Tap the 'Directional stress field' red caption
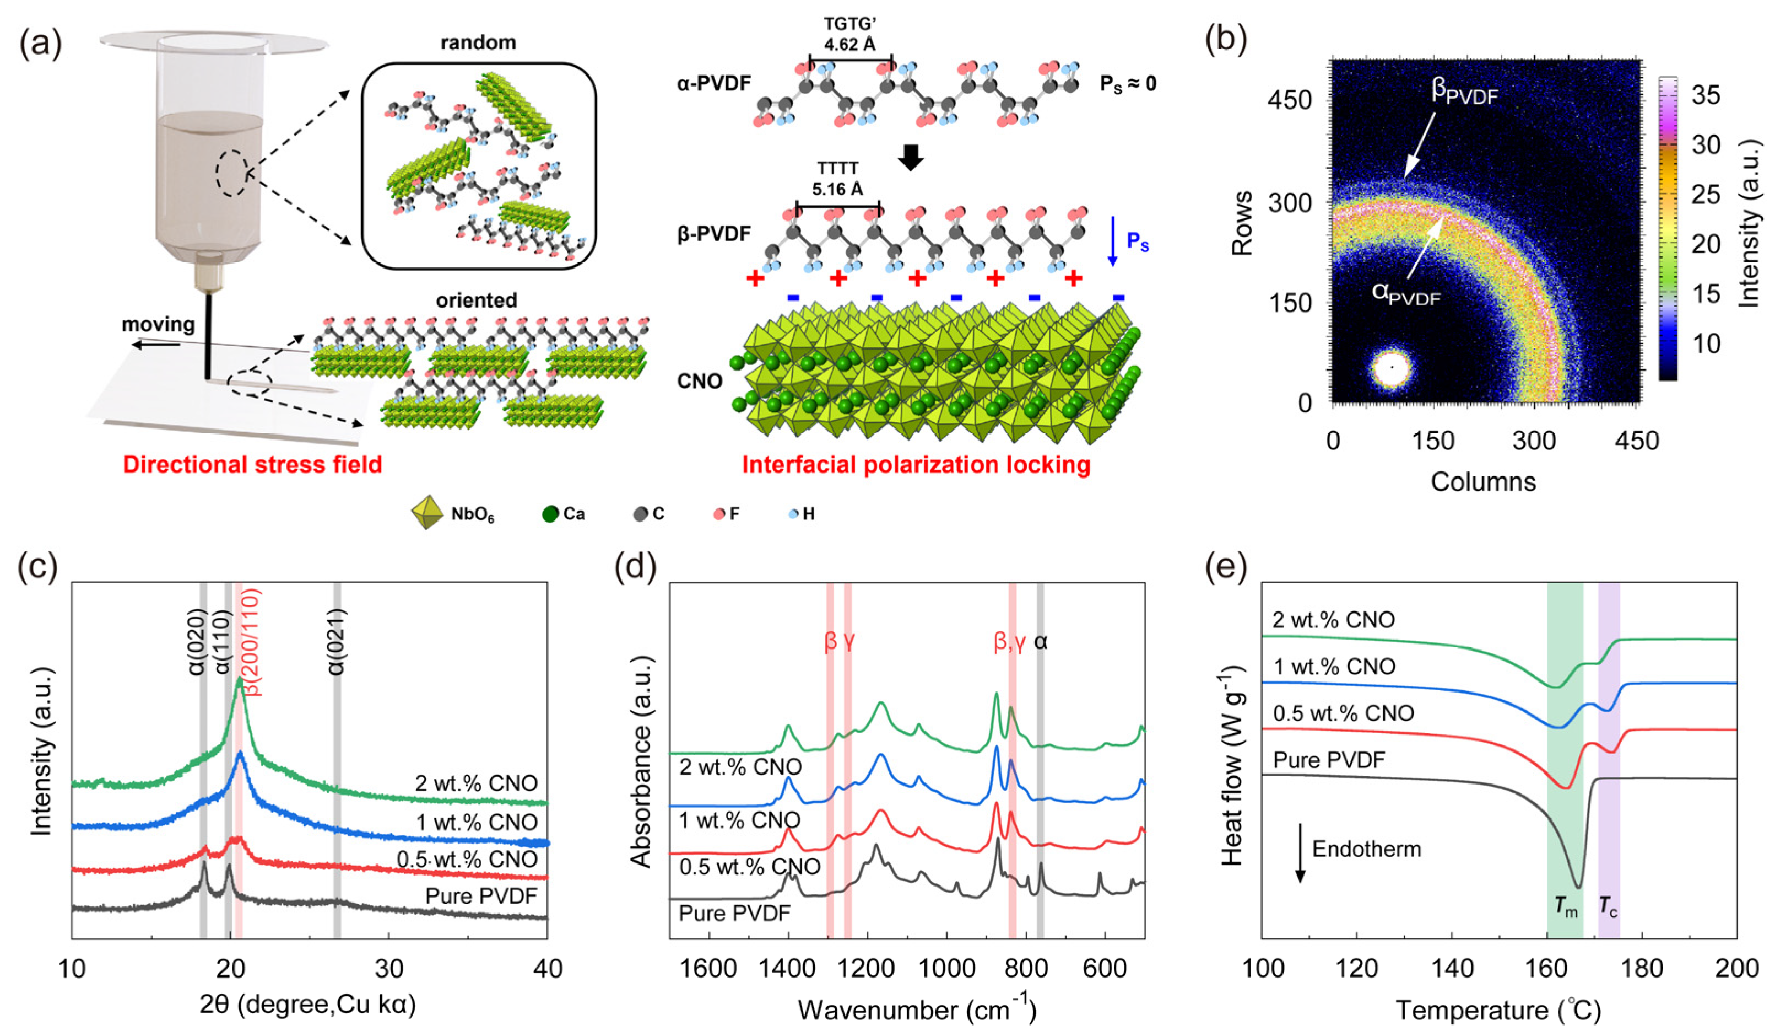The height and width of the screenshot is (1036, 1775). (252, 464)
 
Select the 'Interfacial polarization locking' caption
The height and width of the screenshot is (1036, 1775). (916, 464)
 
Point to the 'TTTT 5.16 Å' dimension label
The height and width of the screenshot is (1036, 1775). (837, 180)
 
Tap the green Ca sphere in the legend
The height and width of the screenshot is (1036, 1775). (550, 514)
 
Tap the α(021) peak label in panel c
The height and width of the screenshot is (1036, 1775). (337, 641)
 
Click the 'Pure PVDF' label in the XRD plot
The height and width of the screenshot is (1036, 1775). (481, 896)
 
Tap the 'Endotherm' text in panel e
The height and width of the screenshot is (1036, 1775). (1366, 849)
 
